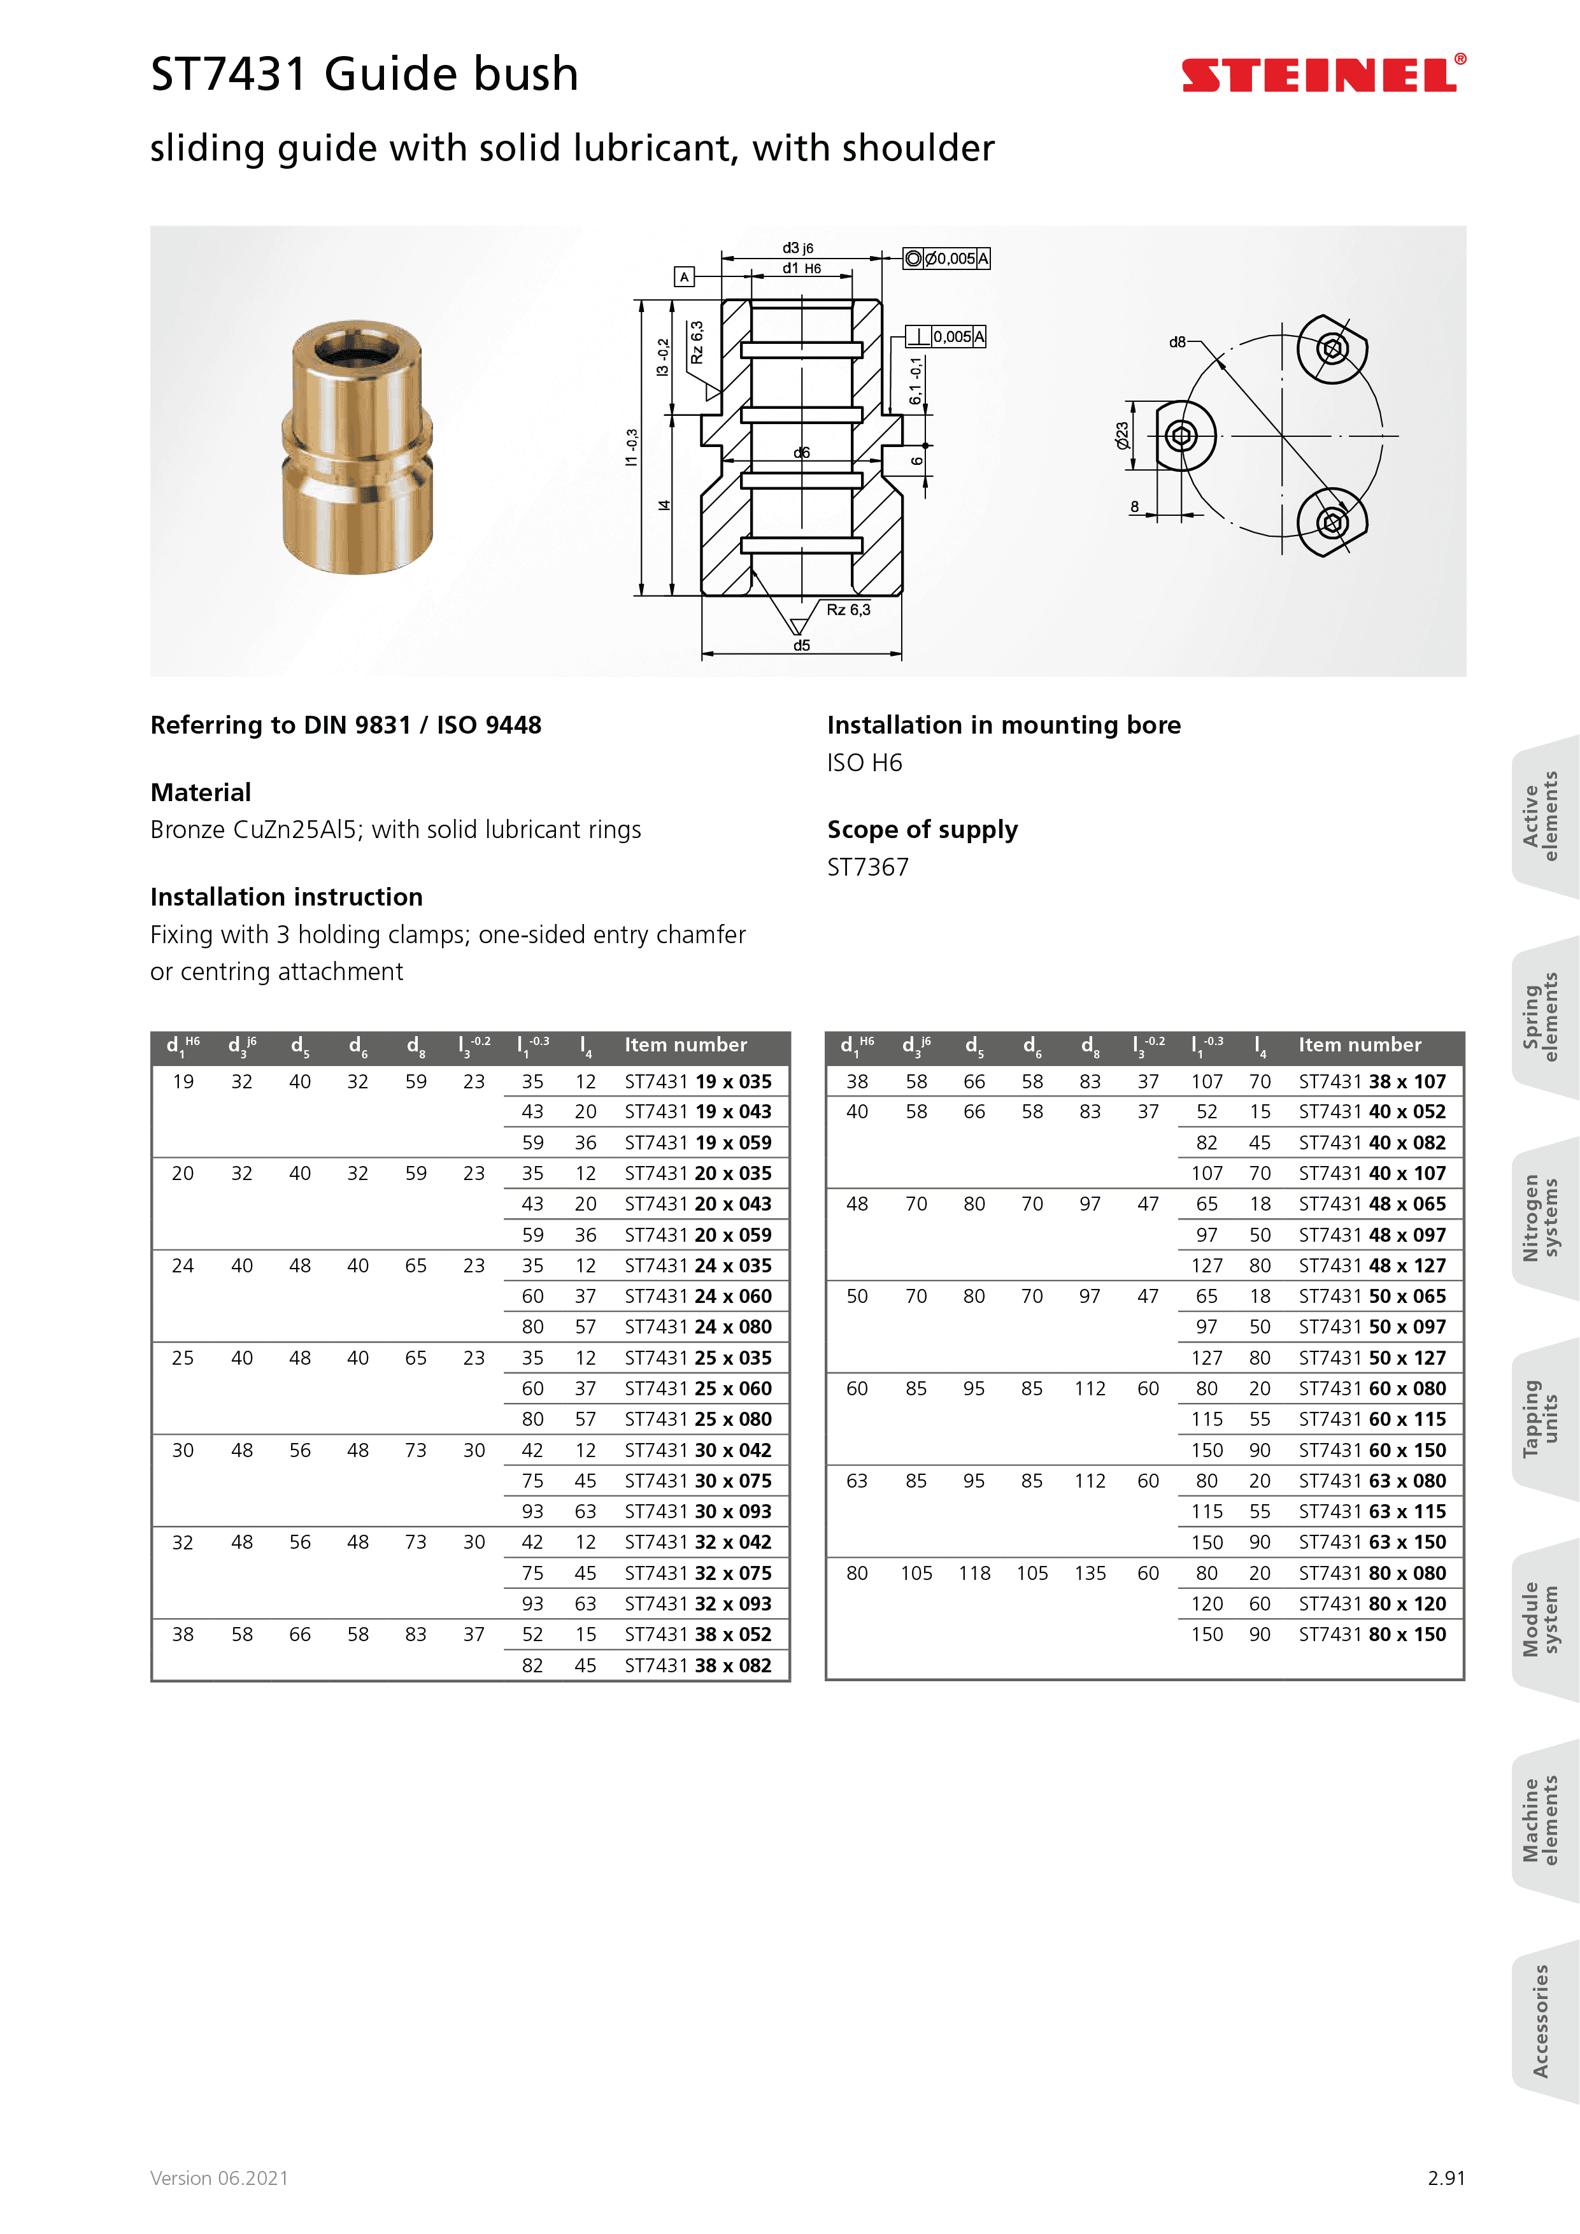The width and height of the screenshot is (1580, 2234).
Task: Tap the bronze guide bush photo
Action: (x=357, y=448)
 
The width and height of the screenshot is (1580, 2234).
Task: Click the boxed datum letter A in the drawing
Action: (x=684, y=277)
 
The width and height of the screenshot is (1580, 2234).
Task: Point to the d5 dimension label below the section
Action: (x=801, y=645)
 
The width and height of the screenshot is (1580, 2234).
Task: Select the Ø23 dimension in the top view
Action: (x=1121, y=435)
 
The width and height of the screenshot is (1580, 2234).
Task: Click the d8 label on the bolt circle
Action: (x=1178, y=343)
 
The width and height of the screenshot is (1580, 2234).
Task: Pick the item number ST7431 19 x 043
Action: (x=697, y=1111)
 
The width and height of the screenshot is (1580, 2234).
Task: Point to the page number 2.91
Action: (x=1446, y=2177)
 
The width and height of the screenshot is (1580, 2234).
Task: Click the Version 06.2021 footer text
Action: (x=219, y=2177)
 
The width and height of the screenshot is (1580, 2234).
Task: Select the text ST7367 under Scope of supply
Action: (x=868, y=867)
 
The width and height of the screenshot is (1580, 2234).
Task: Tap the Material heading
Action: (x=201, y=792)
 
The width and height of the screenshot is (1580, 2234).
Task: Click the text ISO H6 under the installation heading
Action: (x=864, y=763)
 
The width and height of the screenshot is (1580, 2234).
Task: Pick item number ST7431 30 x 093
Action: (x=697, y=1511)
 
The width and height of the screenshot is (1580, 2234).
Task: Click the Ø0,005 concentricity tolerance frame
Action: (x=946, y=259)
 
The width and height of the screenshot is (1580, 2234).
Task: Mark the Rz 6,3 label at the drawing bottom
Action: (x=848, y=610)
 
